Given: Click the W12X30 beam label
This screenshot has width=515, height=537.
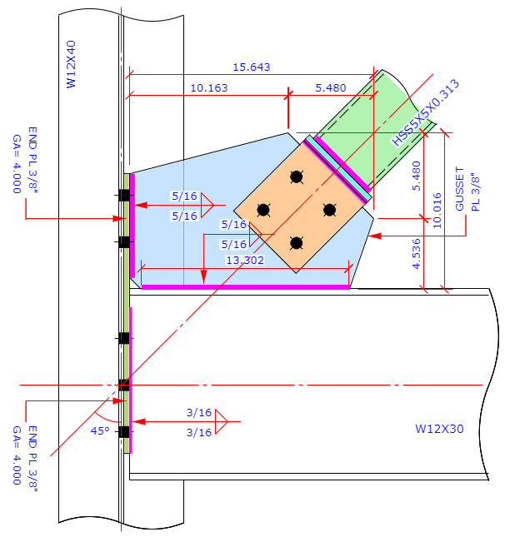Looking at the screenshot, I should tap(439, 429).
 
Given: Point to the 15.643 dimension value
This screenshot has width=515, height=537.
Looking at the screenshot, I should tap(251, 67).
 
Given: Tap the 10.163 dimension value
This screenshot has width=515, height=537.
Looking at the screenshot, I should tap(209, 87).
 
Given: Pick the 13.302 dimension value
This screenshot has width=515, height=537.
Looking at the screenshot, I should tap(245, 260).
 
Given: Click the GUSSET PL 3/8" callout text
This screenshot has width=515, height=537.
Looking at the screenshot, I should tap(470, 192).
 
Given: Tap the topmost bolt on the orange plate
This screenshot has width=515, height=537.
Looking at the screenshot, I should tap(296, 177).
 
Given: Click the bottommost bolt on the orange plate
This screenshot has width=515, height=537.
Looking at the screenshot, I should tap(296, 243).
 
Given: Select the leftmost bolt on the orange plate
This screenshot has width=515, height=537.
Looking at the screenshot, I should tap(262, 210).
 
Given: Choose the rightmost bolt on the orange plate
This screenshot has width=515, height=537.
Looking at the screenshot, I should tap(329, 210).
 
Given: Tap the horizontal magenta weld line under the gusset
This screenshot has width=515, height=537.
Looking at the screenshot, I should tap(245, 286).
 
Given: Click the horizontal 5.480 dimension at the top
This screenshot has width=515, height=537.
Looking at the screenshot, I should tap(330, 87).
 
